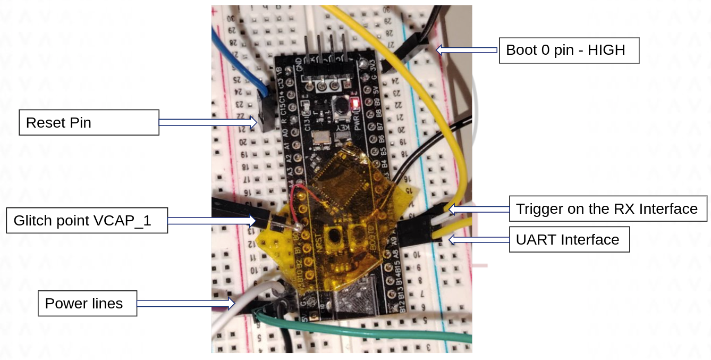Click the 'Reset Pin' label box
click(x=89, y=122)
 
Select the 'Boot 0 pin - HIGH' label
click(x=569, y=51)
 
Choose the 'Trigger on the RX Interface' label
click(x=608, y=208)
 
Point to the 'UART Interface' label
click(x=569, y=240)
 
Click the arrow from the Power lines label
click(x=186, y=304)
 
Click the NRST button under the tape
click(x=335, y=234)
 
